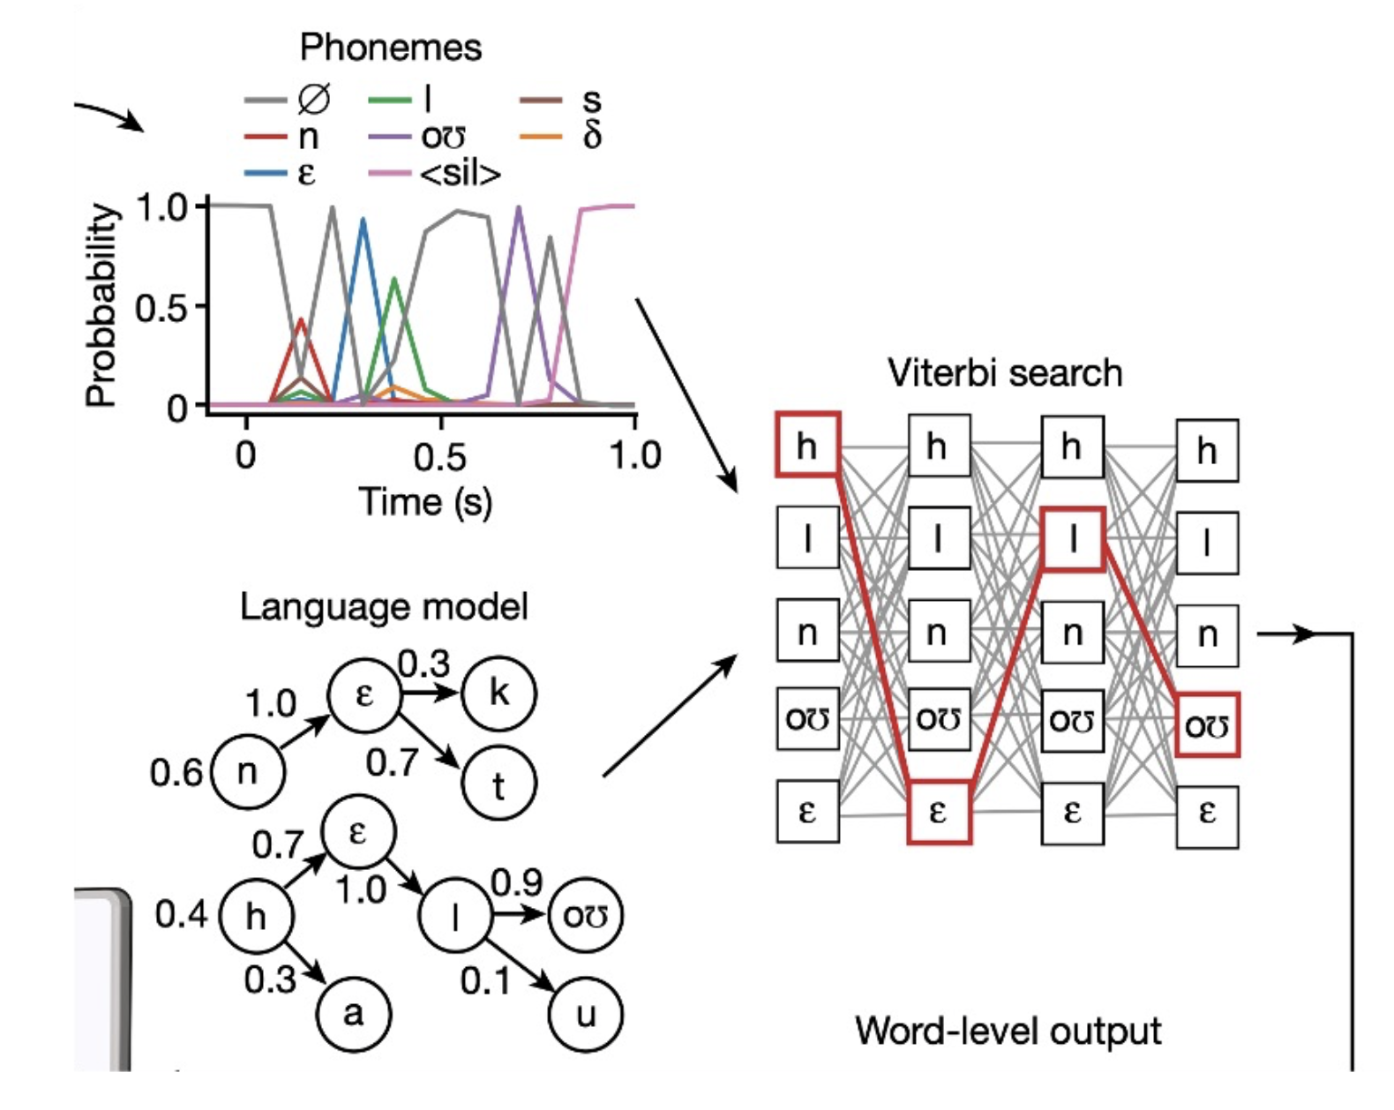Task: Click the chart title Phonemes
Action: point(391,48)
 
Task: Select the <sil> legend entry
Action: point(435,174)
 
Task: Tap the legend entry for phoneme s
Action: point(561,100)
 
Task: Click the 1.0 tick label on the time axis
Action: point(635,455)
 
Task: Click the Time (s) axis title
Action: point(425,502)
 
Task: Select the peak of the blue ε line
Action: point(363,219)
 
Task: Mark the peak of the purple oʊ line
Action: point(518,207)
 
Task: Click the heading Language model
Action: point(384,608)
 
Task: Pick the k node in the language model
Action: point(498,694)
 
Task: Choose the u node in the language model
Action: point(586,1015)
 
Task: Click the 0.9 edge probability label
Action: point(516,882)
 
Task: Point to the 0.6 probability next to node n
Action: point(176,773)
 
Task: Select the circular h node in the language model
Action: point(257,916)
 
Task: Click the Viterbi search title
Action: point(1005,373)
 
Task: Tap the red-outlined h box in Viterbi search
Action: point(808,445)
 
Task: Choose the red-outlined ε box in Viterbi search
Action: point(940,813)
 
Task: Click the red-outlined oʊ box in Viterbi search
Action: point(1208,724)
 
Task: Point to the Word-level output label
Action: point(1008,1031)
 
